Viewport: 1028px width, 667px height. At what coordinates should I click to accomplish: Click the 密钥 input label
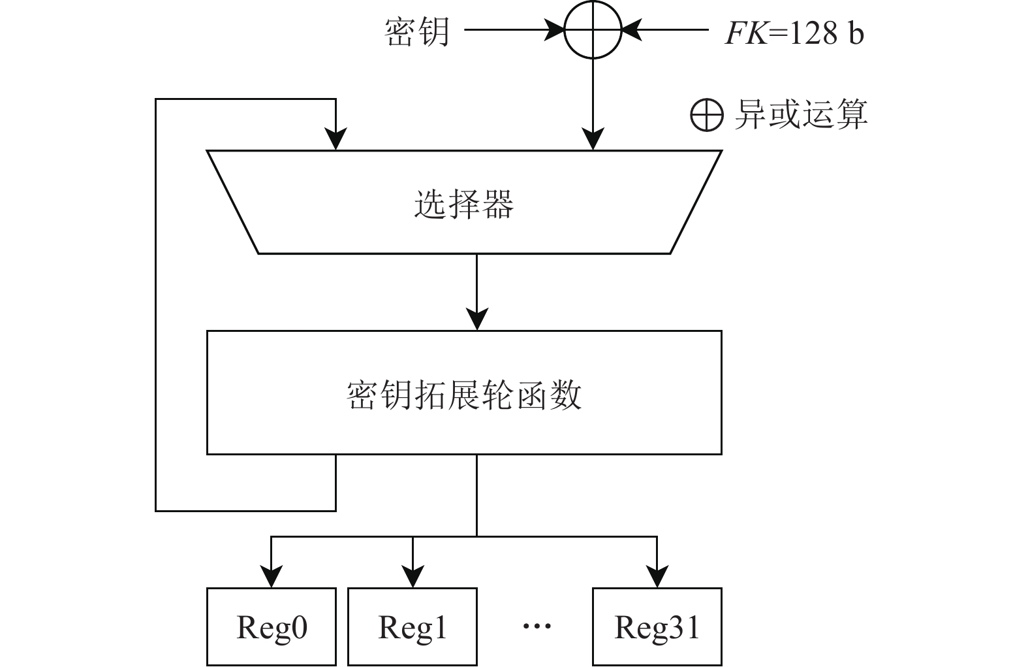(417, 31)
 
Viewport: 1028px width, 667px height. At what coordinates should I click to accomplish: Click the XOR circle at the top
(593, 30)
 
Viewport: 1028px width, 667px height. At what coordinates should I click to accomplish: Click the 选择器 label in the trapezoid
(464, 204)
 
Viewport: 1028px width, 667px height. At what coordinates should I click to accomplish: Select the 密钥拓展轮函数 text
(464, 395)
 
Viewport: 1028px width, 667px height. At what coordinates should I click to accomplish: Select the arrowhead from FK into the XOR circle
(631, 30)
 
